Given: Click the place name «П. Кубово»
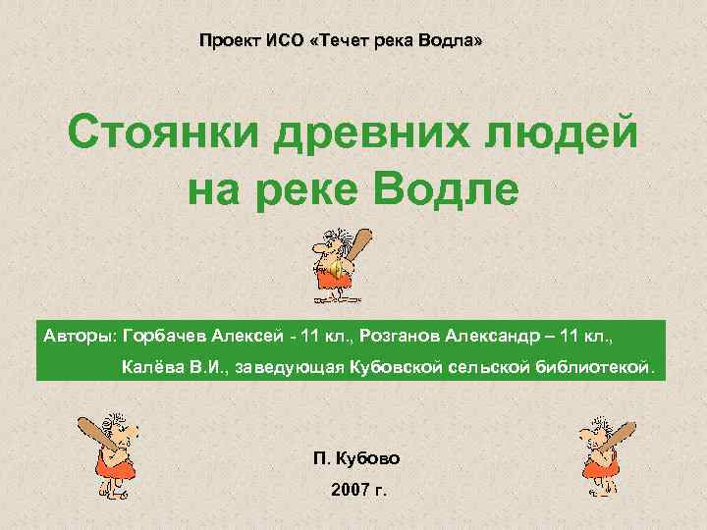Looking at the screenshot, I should [355, 458].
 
